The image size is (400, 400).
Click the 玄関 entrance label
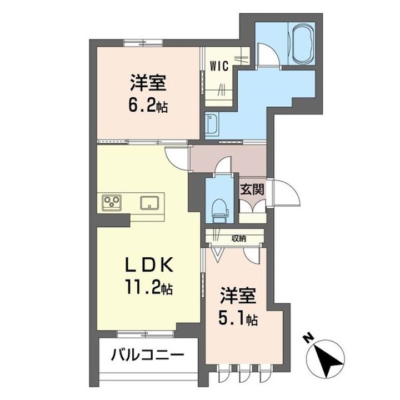point(252,189)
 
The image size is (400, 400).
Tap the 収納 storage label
point(239,238)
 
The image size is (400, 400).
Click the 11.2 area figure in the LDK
point(143,288)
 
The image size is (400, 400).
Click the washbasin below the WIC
point(213,126)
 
